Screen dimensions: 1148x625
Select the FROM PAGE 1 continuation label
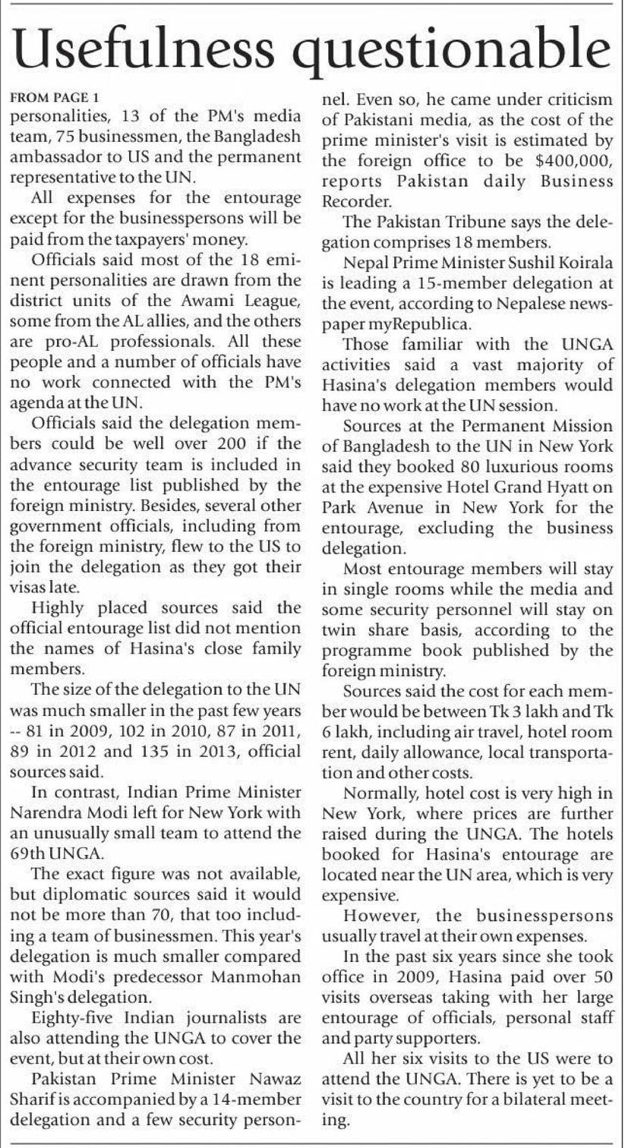pyautogui.click(x=54, y=98)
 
